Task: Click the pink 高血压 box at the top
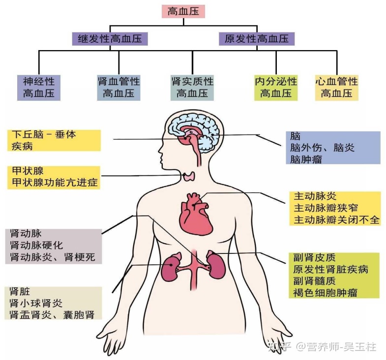pos(183,11)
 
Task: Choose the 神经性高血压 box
pos(39,87)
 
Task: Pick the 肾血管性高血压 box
pos(119,87)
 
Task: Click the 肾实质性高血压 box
pos(192,87)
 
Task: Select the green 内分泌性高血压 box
pos(276,87)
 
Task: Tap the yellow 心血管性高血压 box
pos(337,87)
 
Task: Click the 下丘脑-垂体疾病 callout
pos(54,140)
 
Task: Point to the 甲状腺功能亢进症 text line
pos(54,183)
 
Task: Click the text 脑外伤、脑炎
pos(323,147)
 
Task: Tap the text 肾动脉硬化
pos(36,245)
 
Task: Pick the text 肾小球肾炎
pos(36,303)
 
